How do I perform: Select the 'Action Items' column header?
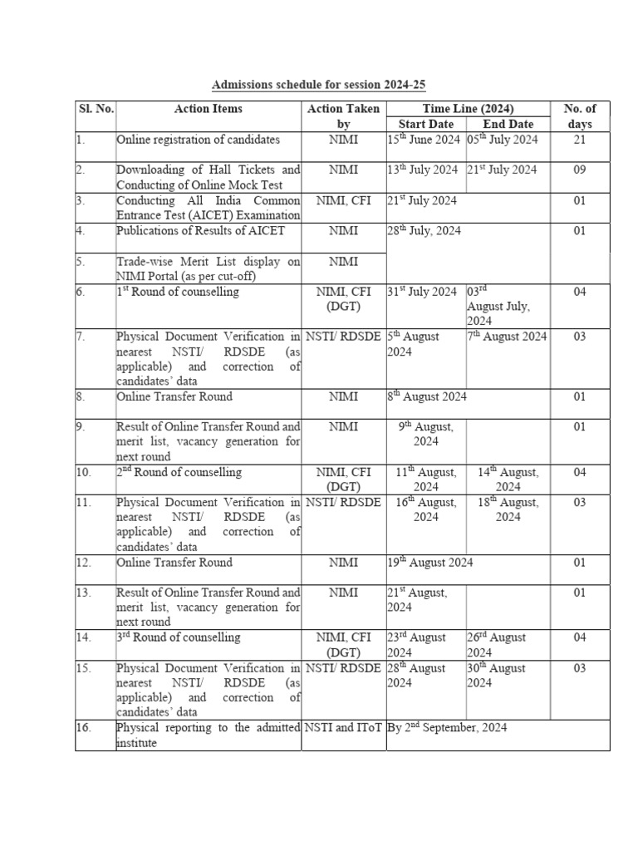[209, 109]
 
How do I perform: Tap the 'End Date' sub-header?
[508, 125]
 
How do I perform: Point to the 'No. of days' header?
[580, 116]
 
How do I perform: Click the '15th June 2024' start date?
[424, 140]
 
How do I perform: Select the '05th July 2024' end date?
[503, 140]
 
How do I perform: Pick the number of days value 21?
[580, 140]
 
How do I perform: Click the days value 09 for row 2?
[580, 170]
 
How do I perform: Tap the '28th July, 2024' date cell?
[424, 230]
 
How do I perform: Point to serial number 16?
[83, 728]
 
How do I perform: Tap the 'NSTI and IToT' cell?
[343, 728]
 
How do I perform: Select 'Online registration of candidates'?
[198, 140]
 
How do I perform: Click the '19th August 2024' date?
[430, 563]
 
